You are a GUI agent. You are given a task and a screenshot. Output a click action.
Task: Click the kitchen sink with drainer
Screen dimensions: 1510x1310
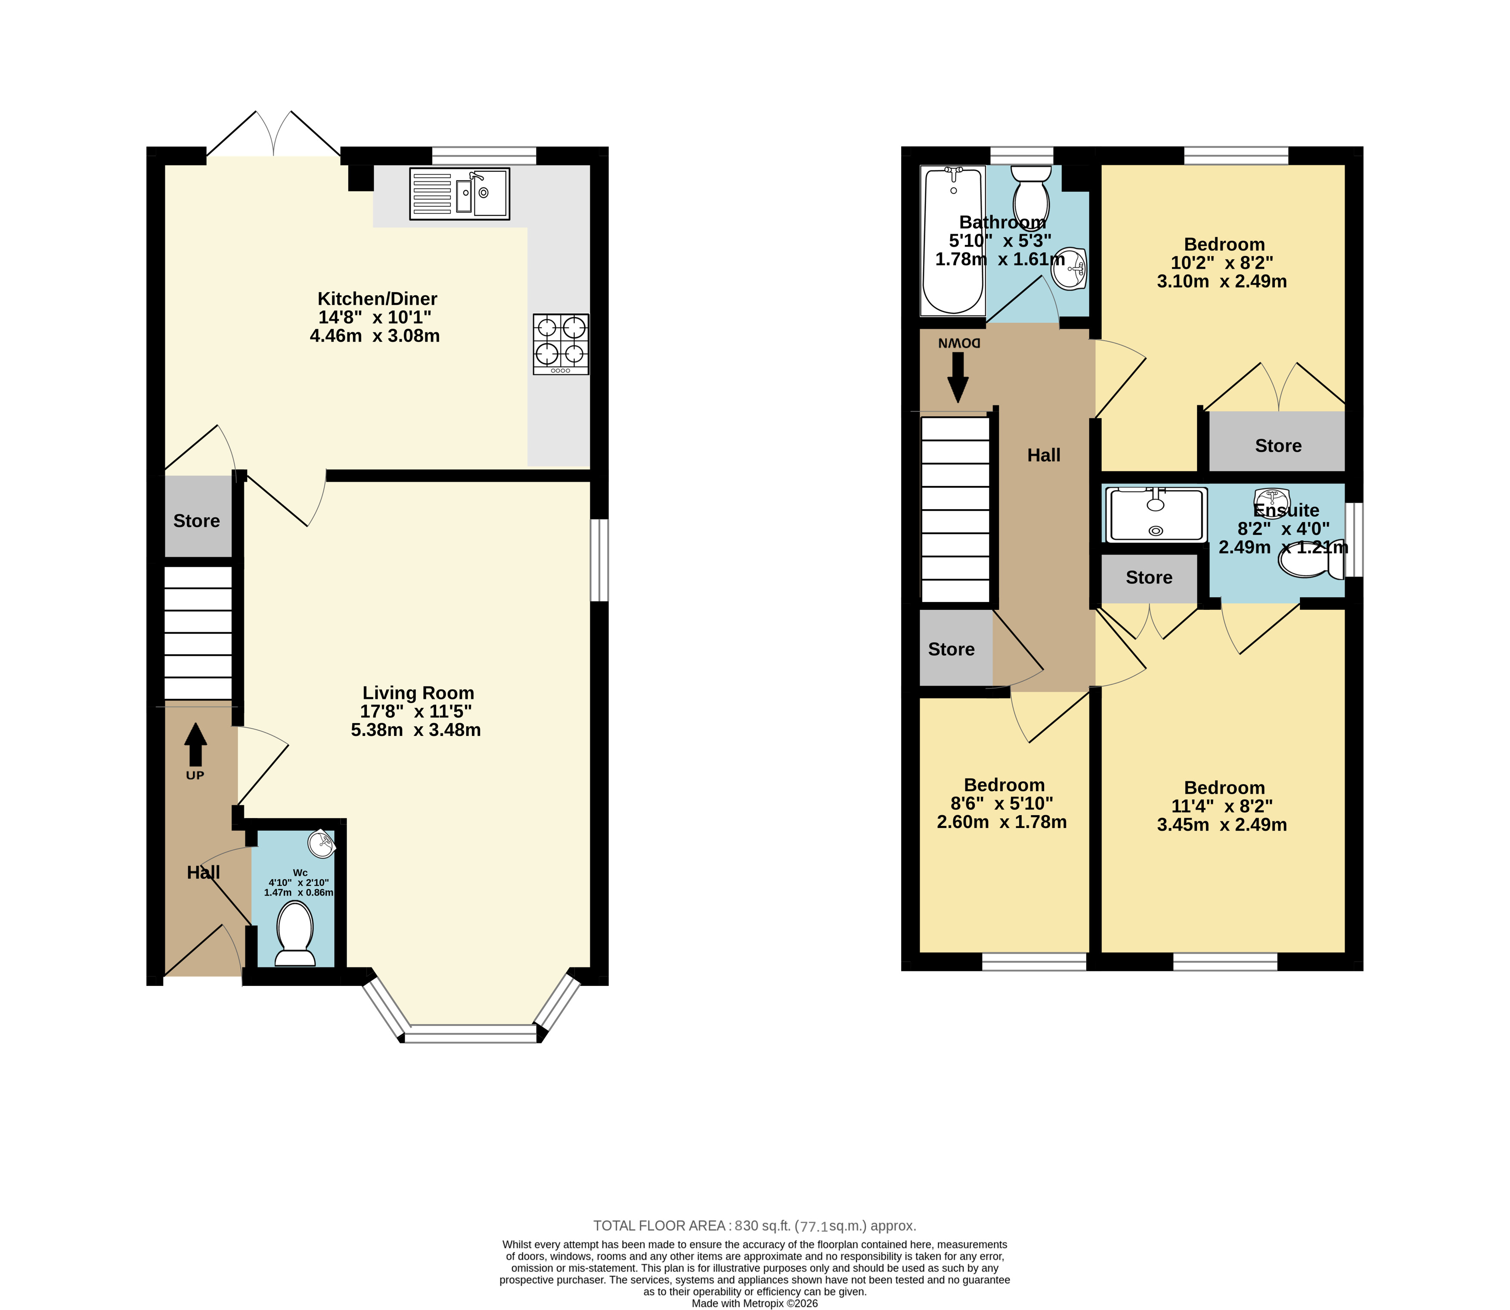(459, 194)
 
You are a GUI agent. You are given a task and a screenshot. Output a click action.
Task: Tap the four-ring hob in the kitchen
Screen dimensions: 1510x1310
(561, 344)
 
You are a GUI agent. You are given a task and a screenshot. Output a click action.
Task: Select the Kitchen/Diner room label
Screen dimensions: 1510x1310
(377, 299)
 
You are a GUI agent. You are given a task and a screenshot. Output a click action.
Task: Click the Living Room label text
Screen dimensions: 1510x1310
(418, 693)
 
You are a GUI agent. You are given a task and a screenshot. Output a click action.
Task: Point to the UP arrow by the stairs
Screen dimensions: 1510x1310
(195, 744)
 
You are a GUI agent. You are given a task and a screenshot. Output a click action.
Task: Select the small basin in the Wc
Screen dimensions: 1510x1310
(322, 843)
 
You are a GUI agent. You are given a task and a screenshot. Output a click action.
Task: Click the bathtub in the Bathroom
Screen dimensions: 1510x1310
(954, 241)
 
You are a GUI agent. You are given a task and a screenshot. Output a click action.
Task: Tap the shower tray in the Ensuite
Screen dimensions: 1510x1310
(1155, 516)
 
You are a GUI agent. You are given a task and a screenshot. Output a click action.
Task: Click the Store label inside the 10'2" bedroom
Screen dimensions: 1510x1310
(1278, 446)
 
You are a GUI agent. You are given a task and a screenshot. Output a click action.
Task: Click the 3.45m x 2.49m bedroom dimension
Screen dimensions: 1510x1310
(1222, 825)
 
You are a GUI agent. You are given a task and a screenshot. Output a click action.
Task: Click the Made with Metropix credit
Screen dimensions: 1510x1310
(755, 1303)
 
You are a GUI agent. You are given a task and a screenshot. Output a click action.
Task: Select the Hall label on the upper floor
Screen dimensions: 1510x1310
(1043, 455)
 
